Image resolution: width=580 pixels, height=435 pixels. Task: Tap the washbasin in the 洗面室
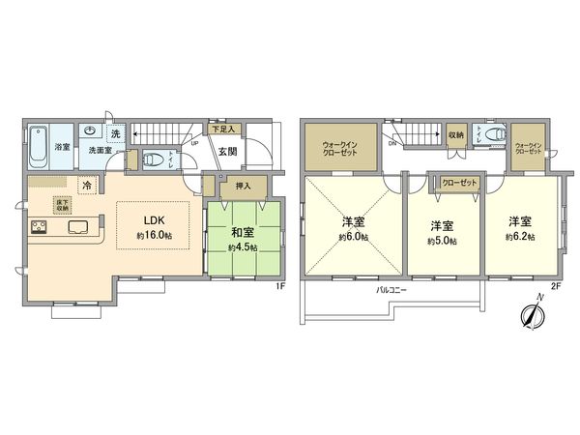pos(88,133)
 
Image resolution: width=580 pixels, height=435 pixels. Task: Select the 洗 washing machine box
pos(115,133)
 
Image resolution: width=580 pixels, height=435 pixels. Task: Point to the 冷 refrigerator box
pos(87,184)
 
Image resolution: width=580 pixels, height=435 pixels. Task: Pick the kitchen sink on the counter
pos(78,228)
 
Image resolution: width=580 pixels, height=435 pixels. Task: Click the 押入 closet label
pos(243,186)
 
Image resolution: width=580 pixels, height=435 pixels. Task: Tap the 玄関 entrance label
pos(227,151)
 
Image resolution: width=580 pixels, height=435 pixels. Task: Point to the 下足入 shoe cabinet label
pos(223,128)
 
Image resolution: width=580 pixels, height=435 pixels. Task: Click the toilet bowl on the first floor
pos(153,160)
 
